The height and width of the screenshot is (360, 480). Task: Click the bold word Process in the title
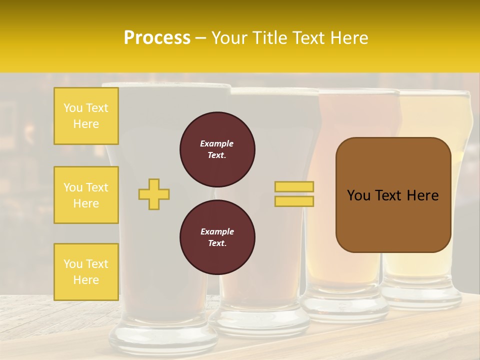pyautogui.click(x=157, y=38)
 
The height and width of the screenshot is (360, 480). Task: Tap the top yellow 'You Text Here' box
pyautogui.click(x=86, y=116)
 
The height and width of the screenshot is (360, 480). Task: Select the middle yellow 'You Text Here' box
pyautogui.click(x=86, y=195)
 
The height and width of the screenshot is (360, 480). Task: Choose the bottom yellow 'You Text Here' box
pyautogui.click(x=86, y=271)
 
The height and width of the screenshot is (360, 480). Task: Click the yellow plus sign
pyautogui.click(x=154, y=194)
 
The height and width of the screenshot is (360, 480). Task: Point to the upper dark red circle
pyautogui.click(x=217, y=149)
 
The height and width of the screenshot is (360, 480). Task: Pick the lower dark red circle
pyautogui.click(x=217, y=237)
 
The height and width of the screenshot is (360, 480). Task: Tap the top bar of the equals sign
pyautogui.click(x=294, y=186)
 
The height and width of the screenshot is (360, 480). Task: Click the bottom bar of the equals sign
pyautogui.click(x=294, y=201)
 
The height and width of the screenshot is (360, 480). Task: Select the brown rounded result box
pyautogui.click(x=393, y=195)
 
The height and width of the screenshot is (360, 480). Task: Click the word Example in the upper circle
pyautogui.click(x=217, y=144)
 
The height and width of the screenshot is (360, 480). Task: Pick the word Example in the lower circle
pyautogui.click(x=217, y=232)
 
